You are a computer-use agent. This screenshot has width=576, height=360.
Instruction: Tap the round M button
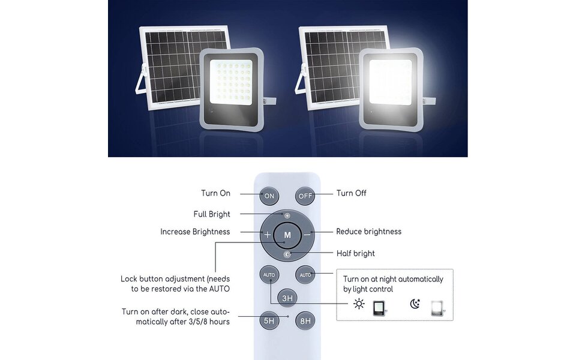coord(287,235)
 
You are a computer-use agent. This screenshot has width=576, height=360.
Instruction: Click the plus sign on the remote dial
coord(267,235)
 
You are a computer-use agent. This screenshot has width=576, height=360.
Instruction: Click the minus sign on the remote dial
coord(307,235)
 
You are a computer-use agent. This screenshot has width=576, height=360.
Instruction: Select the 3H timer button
coord(287,298)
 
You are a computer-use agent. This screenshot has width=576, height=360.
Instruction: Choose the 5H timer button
coord(269,320)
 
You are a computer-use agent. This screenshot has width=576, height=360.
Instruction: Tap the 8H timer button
coord(305,320)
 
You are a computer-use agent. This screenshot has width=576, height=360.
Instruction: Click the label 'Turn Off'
coord(351,193)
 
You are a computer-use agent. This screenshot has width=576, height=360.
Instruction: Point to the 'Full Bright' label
coord(212,214)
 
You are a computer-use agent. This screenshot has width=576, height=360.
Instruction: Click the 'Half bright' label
coord(355,253)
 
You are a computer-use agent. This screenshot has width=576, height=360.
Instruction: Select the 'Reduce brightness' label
coord(368,232)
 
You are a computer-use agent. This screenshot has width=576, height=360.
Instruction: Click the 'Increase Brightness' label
coord(195,232)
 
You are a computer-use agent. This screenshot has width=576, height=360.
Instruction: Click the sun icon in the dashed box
coord(359,304)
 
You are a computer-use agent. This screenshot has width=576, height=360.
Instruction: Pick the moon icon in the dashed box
coord(415,304)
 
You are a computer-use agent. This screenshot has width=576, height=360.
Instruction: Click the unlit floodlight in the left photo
coord(230,87)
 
